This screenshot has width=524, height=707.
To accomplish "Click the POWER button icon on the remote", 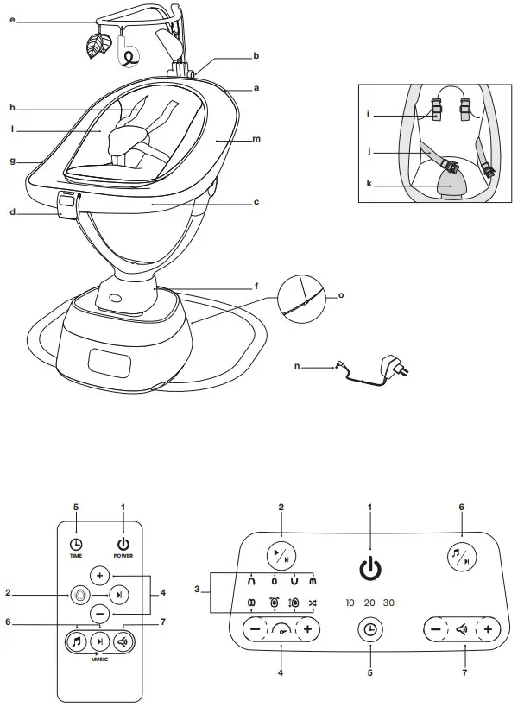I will [123, 544].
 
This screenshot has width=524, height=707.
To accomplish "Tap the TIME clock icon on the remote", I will [77, 544].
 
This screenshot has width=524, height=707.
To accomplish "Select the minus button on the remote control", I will [99, 614].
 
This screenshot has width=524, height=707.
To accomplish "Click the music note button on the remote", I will [77, 641].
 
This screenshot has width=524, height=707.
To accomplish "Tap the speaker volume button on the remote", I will [123, 641].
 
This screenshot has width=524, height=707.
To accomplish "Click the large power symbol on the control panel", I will [369, 569].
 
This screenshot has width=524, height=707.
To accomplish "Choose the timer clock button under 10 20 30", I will [369, 630].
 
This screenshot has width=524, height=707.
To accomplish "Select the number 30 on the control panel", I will [388, 603].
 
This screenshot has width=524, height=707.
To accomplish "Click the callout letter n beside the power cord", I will [297, 366].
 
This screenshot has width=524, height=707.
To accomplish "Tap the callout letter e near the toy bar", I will [12, 18].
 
